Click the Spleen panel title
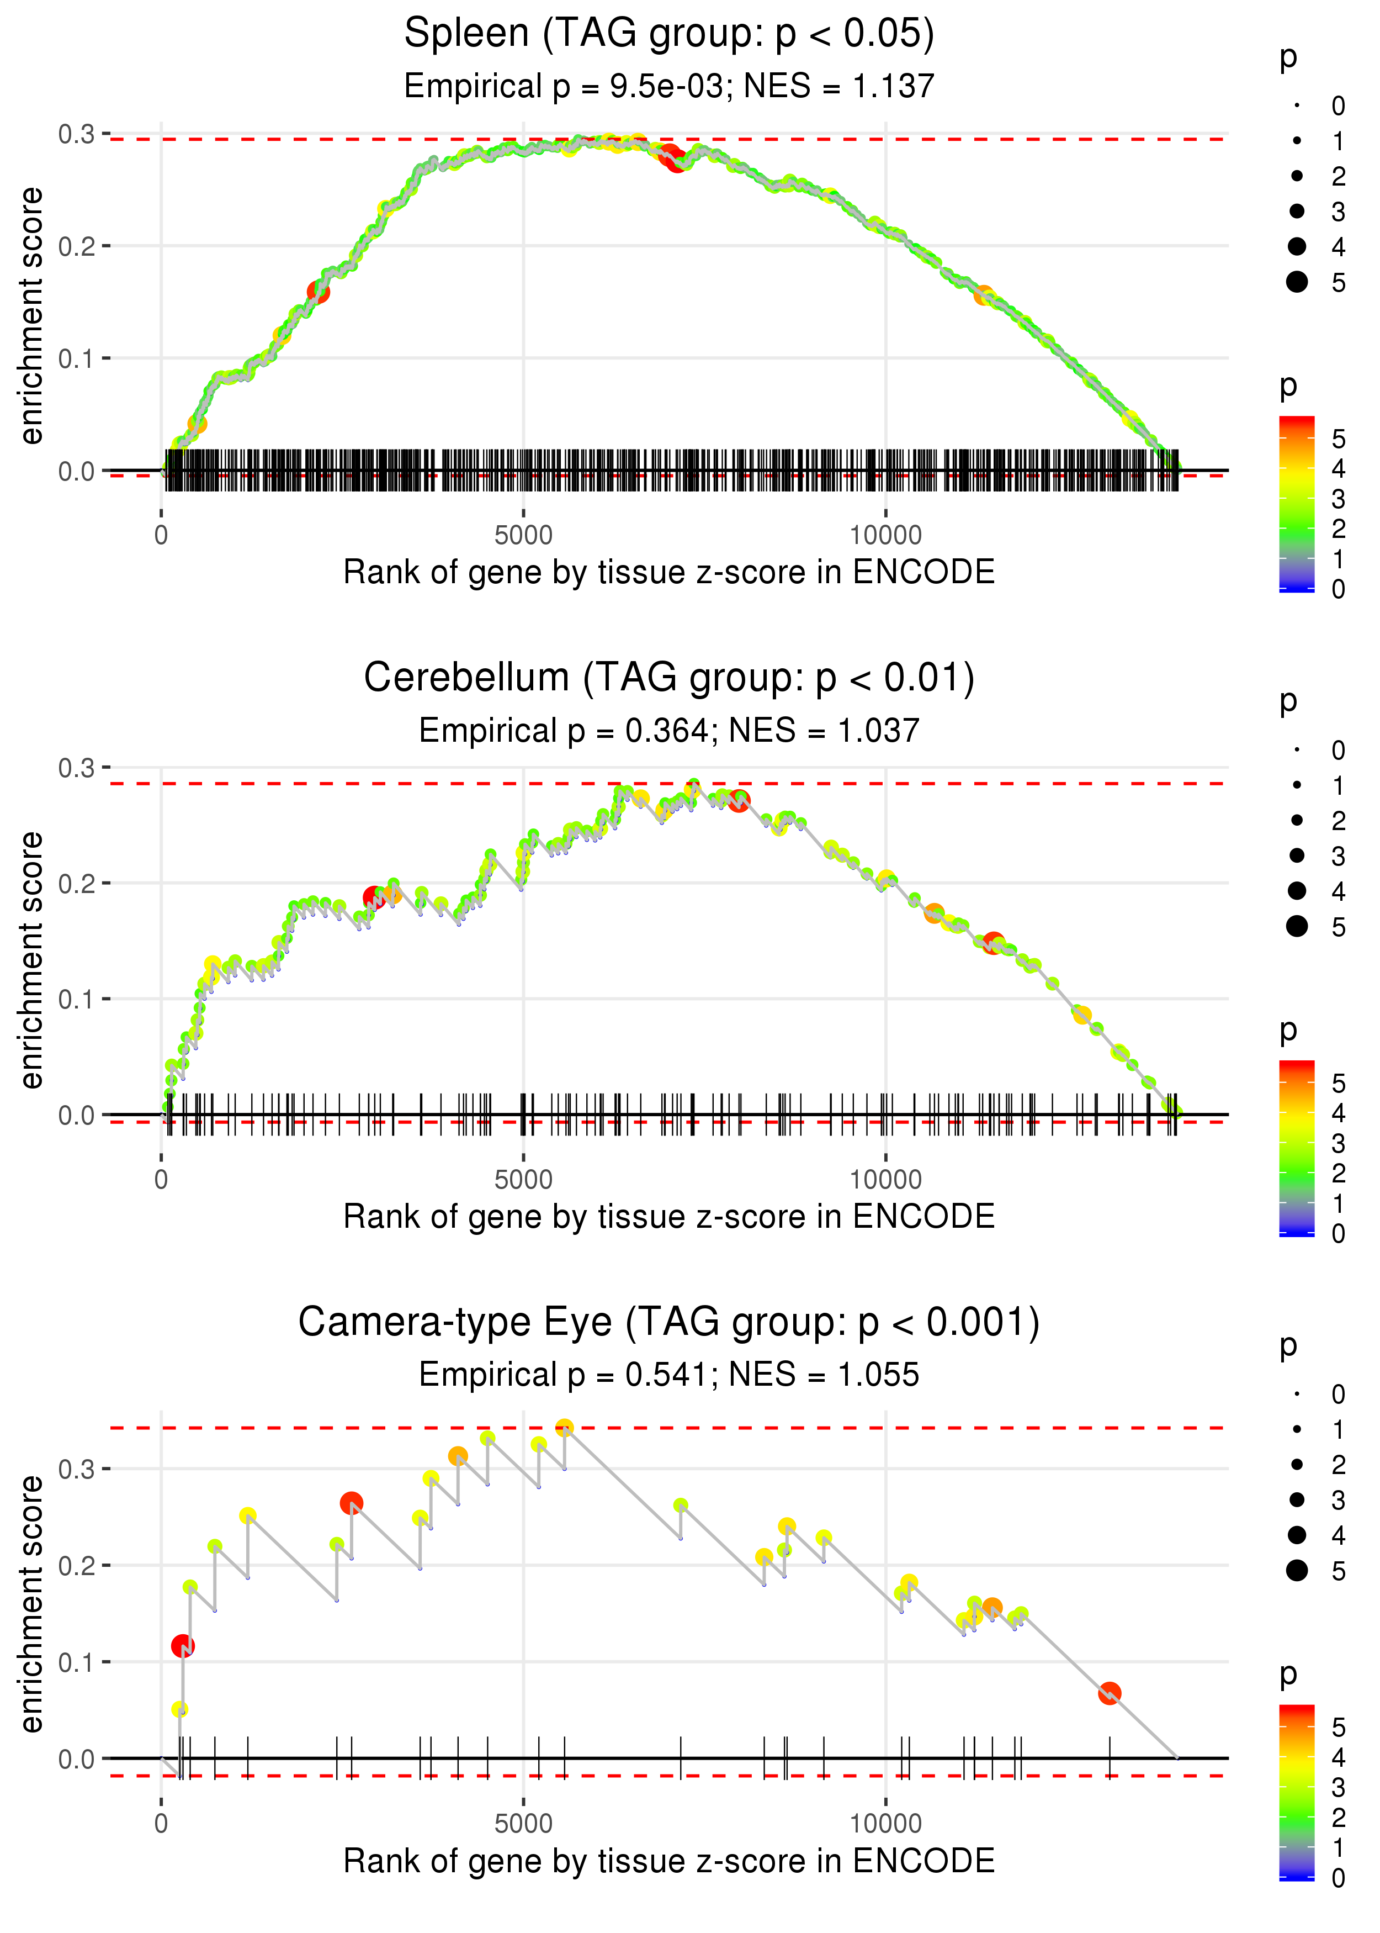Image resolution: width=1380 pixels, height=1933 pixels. coord(669,34)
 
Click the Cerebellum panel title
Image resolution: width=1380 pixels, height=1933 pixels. coord(669,678)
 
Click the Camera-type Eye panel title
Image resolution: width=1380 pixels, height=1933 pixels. coord(669,1323)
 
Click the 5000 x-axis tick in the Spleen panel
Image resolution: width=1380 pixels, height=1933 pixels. coord(523,536)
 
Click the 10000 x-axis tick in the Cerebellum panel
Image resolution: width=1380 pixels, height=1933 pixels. coord(885,1180)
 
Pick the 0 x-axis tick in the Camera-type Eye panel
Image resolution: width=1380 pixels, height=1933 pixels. coord(161,1824)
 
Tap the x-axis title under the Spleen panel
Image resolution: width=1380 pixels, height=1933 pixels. coord(669,572)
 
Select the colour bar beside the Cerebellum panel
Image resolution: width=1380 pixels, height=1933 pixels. coord(1297,1148)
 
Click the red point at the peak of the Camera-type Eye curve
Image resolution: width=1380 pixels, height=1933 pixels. coord(564,1428)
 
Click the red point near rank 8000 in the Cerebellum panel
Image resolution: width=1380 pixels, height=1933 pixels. coord(739,801)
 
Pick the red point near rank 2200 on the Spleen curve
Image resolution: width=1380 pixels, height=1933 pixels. coord(318,292)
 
